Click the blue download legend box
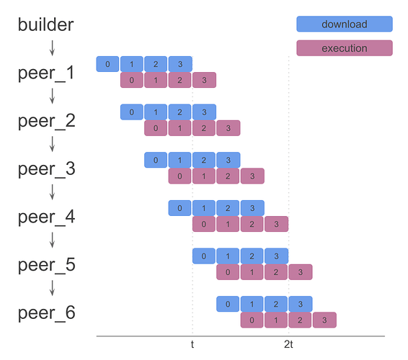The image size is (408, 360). (344, 24)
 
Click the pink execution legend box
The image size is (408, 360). (344, 48)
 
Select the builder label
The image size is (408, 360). (45, 24)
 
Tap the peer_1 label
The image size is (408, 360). (46, 73)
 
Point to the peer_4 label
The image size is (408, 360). (46, 217)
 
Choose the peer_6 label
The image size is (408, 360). (46, 313)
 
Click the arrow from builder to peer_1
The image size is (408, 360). (52, 48)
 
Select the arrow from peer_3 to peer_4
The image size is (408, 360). (52, 192)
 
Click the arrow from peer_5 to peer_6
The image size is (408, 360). (52, 289)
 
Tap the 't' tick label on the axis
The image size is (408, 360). (192, 345)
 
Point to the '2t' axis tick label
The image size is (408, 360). (288, 345)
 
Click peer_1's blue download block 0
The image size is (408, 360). (107, 64)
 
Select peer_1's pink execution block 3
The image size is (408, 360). (204, 80)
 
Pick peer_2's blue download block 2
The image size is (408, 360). (180, 112)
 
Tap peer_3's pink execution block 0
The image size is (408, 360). (180, 176)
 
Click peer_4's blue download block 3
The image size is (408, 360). (252, 208)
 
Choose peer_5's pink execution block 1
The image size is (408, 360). (252, 272)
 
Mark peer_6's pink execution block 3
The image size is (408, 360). (324, 320)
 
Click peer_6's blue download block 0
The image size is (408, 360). (228, 304)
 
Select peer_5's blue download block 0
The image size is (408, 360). (204, 256)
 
